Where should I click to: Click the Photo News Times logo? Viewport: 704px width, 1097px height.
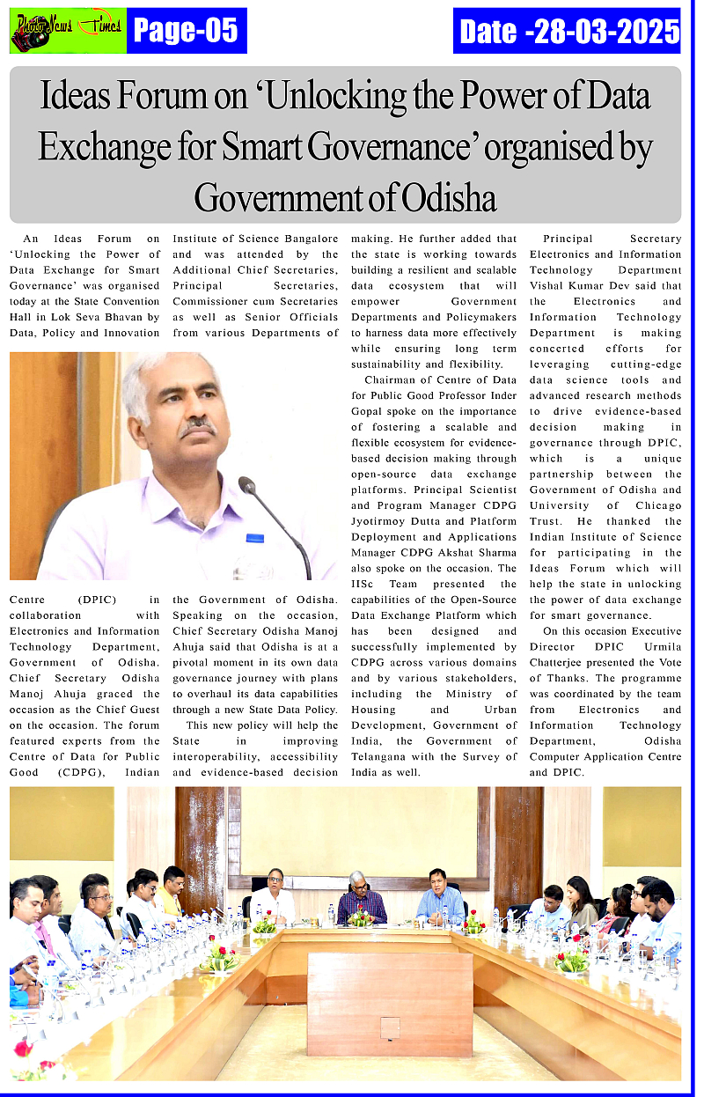(x=67, y=31)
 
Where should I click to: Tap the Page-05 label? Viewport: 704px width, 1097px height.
(x=187, y=31)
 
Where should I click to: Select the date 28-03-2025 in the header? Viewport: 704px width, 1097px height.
(x=602, y=32)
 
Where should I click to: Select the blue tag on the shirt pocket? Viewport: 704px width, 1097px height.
(x=255, y=537)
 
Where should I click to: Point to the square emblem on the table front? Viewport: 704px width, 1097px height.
(x=390, y=1027)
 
